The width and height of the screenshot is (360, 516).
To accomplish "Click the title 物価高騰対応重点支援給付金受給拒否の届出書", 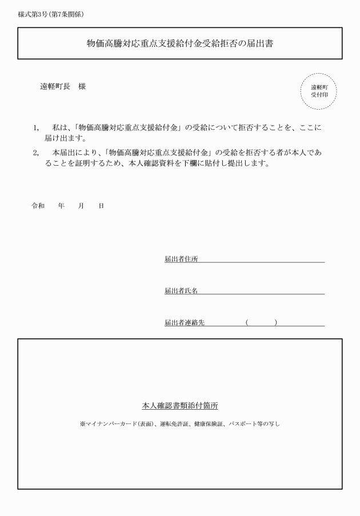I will tap(179, 43).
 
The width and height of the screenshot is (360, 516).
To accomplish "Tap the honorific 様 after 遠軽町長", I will tap(82, 86).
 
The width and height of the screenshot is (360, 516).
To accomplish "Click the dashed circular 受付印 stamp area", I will tap(319, 91).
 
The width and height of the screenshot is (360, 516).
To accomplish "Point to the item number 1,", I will tap(36, 128).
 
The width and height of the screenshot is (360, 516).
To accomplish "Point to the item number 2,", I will tap(36, 153).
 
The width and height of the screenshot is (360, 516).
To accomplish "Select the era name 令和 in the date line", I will tap(38, 206).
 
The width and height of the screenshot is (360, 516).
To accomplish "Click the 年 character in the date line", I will tap(61, 206).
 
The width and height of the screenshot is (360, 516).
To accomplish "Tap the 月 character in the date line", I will tap(81, 206).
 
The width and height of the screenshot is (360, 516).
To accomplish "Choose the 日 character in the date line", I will tap(101, 206).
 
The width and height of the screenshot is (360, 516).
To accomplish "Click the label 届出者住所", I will tap(181, 259).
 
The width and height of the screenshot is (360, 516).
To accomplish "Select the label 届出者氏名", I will tap(181, 291).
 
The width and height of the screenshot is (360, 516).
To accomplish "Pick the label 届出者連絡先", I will tap(185, 323).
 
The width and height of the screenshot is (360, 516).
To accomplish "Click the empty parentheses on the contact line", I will tap(261, 323).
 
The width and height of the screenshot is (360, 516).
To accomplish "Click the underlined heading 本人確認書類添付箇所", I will tap(179, 406).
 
